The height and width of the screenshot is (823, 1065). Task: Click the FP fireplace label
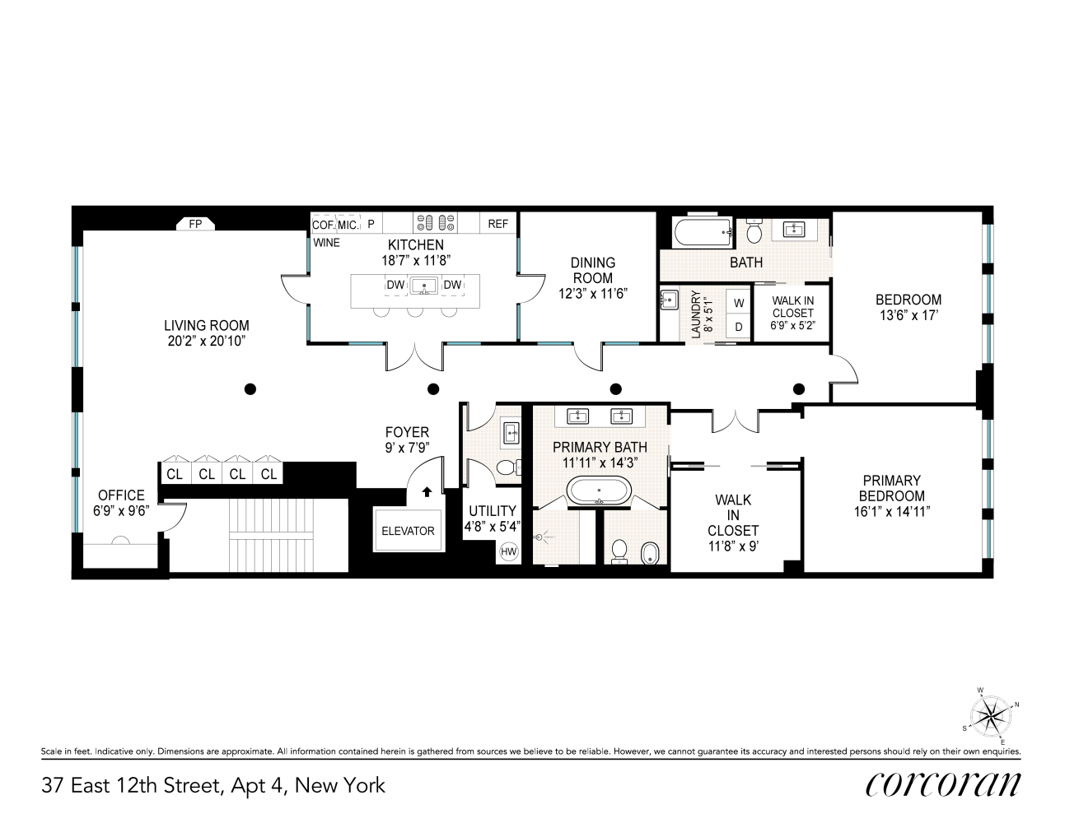click(195, 223)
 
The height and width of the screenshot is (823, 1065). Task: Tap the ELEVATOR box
click(407, 531)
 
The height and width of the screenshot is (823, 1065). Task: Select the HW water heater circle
click(509, 551)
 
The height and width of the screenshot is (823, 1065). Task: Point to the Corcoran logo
click(942, 784)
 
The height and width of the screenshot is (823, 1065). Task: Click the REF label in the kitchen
click(498, 224)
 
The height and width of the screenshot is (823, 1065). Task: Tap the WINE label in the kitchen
click(326, 243)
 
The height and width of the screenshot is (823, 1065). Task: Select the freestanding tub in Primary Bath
click(599, 492)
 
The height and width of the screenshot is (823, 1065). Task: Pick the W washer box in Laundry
click(739, 303)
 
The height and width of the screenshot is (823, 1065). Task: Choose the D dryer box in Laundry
click(739, 327)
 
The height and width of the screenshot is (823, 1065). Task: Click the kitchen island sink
click(425, 286)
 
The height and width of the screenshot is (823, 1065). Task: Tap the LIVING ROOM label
click(206, 326)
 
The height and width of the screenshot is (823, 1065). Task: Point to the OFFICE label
click(121, 495)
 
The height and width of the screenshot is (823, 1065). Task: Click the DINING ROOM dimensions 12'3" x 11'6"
click(592, 292)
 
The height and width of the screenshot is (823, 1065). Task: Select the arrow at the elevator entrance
click(427, 493)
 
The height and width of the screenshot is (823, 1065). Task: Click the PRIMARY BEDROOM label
click(891, 488)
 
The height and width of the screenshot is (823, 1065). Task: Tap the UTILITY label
click(491, 511)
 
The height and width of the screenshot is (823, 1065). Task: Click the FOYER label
click(407, 432)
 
